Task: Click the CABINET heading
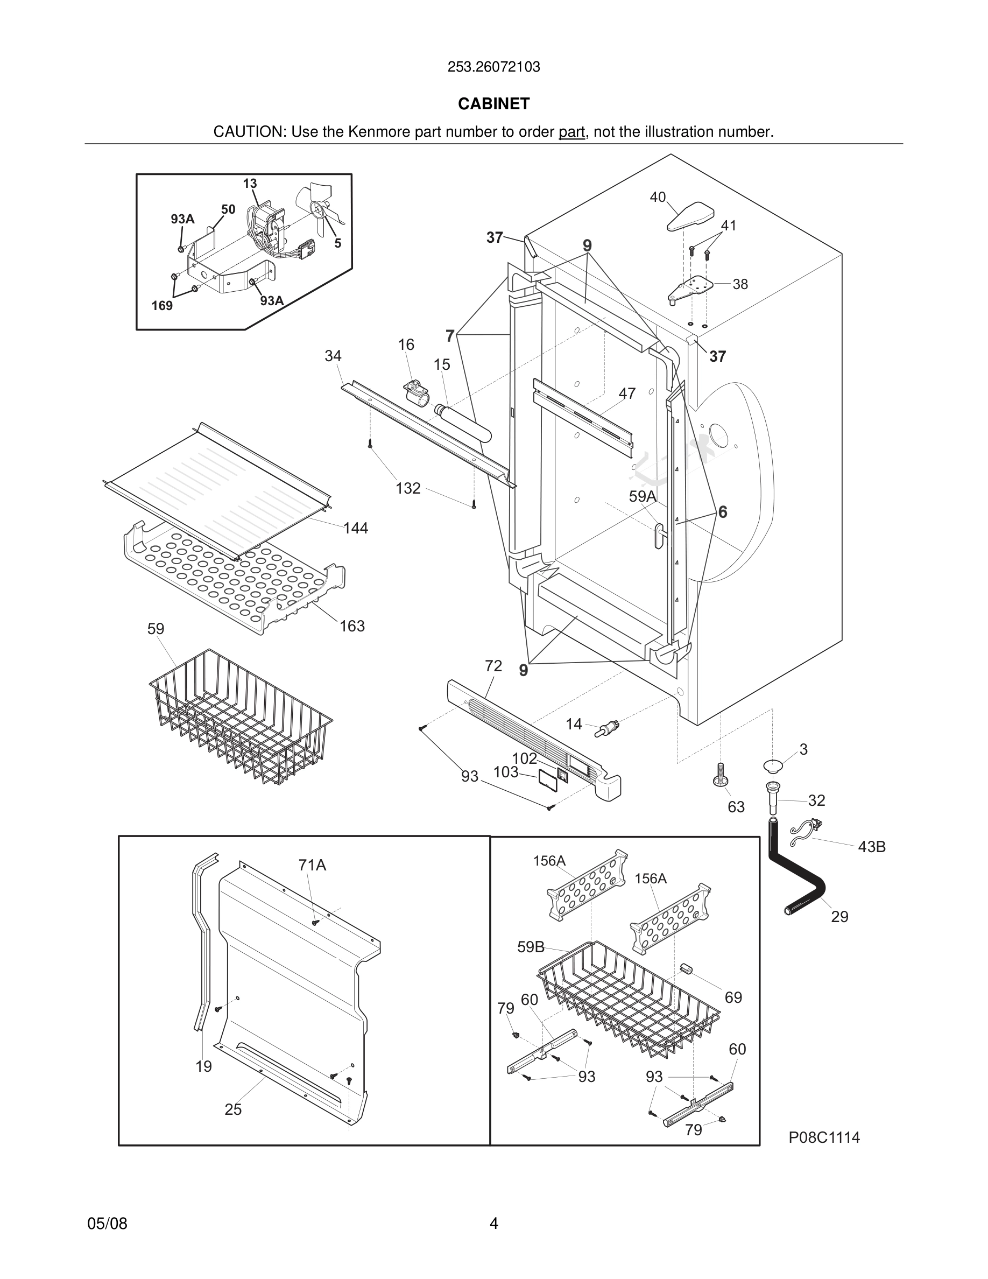click(493, 104)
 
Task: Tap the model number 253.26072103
click(493, 67)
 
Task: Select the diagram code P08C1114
click(824, 1137)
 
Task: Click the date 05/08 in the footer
click(107, 1224)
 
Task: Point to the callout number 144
click(355, 528)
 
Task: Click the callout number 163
click(352, 626)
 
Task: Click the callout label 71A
click(312, 865)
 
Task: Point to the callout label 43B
click(872, 847)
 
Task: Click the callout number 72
click(493, 666)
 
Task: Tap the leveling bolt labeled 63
click(720, 775)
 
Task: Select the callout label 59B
click(530, 947)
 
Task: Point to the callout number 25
click(233, 1109)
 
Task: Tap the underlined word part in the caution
click(571, 132)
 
